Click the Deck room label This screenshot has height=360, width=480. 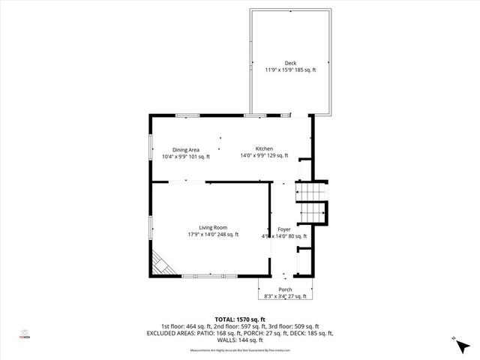[290, 62]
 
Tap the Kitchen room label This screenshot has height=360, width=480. [264, 148]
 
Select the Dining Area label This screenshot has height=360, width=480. [186, 149]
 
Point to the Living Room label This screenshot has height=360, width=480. [213, 227]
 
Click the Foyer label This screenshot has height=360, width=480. [284, 229]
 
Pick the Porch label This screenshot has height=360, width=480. [285, 289]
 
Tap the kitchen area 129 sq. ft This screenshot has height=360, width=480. [277, 156]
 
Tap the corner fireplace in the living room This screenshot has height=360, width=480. [161, 264]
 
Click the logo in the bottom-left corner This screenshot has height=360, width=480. [25, 334]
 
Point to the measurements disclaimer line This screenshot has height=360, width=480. [240, 350]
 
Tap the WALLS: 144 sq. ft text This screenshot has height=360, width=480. [240, 340]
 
